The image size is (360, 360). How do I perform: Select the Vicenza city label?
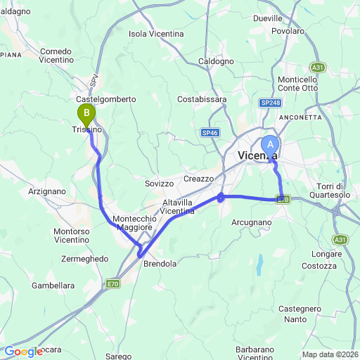tap(257, 155)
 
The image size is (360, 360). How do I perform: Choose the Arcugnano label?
tap(251, 222)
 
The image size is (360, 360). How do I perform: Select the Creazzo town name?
tap(198, 179)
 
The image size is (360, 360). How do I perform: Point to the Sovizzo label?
tap(159, 183)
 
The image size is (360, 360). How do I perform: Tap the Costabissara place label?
tap(202, 99)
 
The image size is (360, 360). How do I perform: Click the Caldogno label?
tap(217, 62)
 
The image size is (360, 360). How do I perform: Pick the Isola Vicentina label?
tap(157, 34)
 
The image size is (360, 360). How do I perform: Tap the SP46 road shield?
tap(210, 132)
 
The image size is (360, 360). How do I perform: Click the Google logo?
tap(24, 352)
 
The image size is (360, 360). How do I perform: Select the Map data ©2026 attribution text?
tap(330, 354)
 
